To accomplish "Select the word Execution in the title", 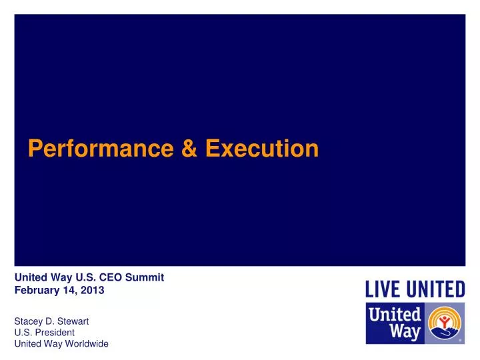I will coord(262,148).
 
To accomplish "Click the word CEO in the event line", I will coord(111,277).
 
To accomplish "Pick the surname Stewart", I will coord(73,321).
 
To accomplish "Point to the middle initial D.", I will coord(51,321).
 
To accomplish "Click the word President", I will coord(55,332).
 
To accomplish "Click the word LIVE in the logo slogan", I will coord(382,289).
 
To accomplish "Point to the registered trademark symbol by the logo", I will coord(461,340).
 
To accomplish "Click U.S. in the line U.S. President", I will coord(23,332).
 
